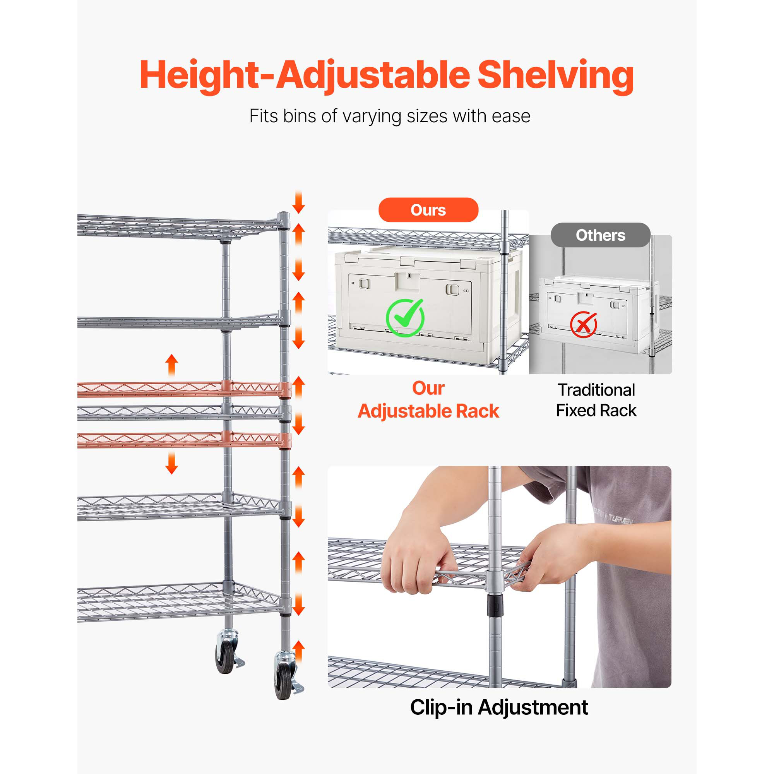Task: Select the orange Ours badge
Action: [428, 210]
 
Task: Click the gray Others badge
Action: [601, 235]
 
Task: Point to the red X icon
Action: [584, 325]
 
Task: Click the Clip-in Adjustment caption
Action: [499, 707]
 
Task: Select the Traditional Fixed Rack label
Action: [596, 400]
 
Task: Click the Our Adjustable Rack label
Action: [428, 400]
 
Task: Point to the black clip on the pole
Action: [495, 605]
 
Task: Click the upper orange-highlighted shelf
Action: [184, 389]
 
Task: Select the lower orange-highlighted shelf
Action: [184, 440]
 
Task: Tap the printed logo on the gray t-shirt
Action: [613, 516]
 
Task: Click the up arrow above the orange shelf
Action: [172, 365]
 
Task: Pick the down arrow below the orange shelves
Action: [172, 462]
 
